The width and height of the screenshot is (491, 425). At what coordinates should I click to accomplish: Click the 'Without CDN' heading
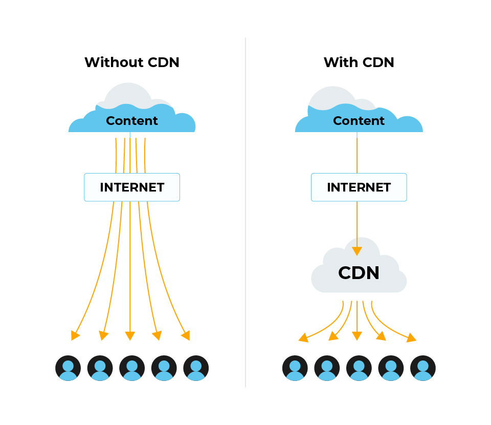click(132, 62)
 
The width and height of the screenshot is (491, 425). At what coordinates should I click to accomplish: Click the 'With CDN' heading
click(359, 62)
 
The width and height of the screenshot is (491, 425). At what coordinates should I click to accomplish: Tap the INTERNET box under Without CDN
click(132, 187)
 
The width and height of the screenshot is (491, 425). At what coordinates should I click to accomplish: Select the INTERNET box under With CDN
click(359, 187)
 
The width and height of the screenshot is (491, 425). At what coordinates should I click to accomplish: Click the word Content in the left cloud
click(132, 121)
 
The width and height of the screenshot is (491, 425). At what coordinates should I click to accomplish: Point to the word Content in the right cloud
click(359, 121)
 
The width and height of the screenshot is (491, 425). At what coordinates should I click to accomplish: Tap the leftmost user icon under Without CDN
click(68, 368)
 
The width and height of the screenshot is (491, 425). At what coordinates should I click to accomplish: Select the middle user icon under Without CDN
click(132, 368)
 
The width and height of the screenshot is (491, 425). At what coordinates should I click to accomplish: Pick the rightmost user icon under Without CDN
click(196, 368)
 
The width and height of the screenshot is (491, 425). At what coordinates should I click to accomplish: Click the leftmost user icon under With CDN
click(295, 368)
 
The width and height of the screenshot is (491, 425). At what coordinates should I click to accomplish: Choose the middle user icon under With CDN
click(359, 368)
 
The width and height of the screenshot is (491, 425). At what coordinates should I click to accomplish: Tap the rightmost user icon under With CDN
click(423, 368)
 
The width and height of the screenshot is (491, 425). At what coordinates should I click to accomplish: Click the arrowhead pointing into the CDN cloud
click(357, 251)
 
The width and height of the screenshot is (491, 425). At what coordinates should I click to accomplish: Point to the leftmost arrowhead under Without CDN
click(76, 335)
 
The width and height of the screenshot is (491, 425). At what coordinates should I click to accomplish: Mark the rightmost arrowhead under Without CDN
click(186, 335)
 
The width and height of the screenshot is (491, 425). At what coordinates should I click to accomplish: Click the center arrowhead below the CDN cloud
click(357, 336)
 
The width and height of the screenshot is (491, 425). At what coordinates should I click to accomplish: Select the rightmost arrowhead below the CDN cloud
click(411, 338)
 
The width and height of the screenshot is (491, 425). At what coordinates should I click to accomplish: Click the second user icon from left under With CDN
click(327, 368)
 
